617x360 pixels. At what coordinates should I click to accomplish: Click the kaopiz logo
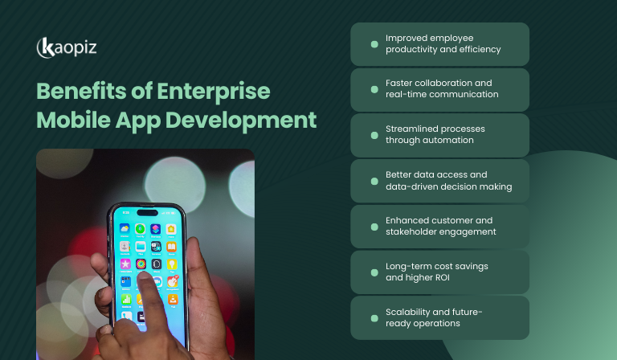pyautogui.click(x=67, y=47)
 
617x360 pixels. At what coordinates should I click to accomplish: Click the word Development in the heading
pyautogui.click(x=252, y=121)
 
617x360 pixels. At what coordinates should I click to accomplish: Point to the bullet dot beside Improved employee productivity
pyautogui.click(x=374, y=43)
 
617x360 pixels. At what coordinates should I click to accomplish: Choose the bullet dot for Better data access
pyautogui.click(x=374, y=180)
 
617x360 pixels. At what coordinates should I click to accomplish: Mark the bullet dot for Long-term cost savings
pyautogui.click(x=374, y=272)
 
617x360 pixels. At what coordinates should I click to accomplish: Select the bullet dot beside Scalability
pyautogui.click(x=374, y=317)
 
